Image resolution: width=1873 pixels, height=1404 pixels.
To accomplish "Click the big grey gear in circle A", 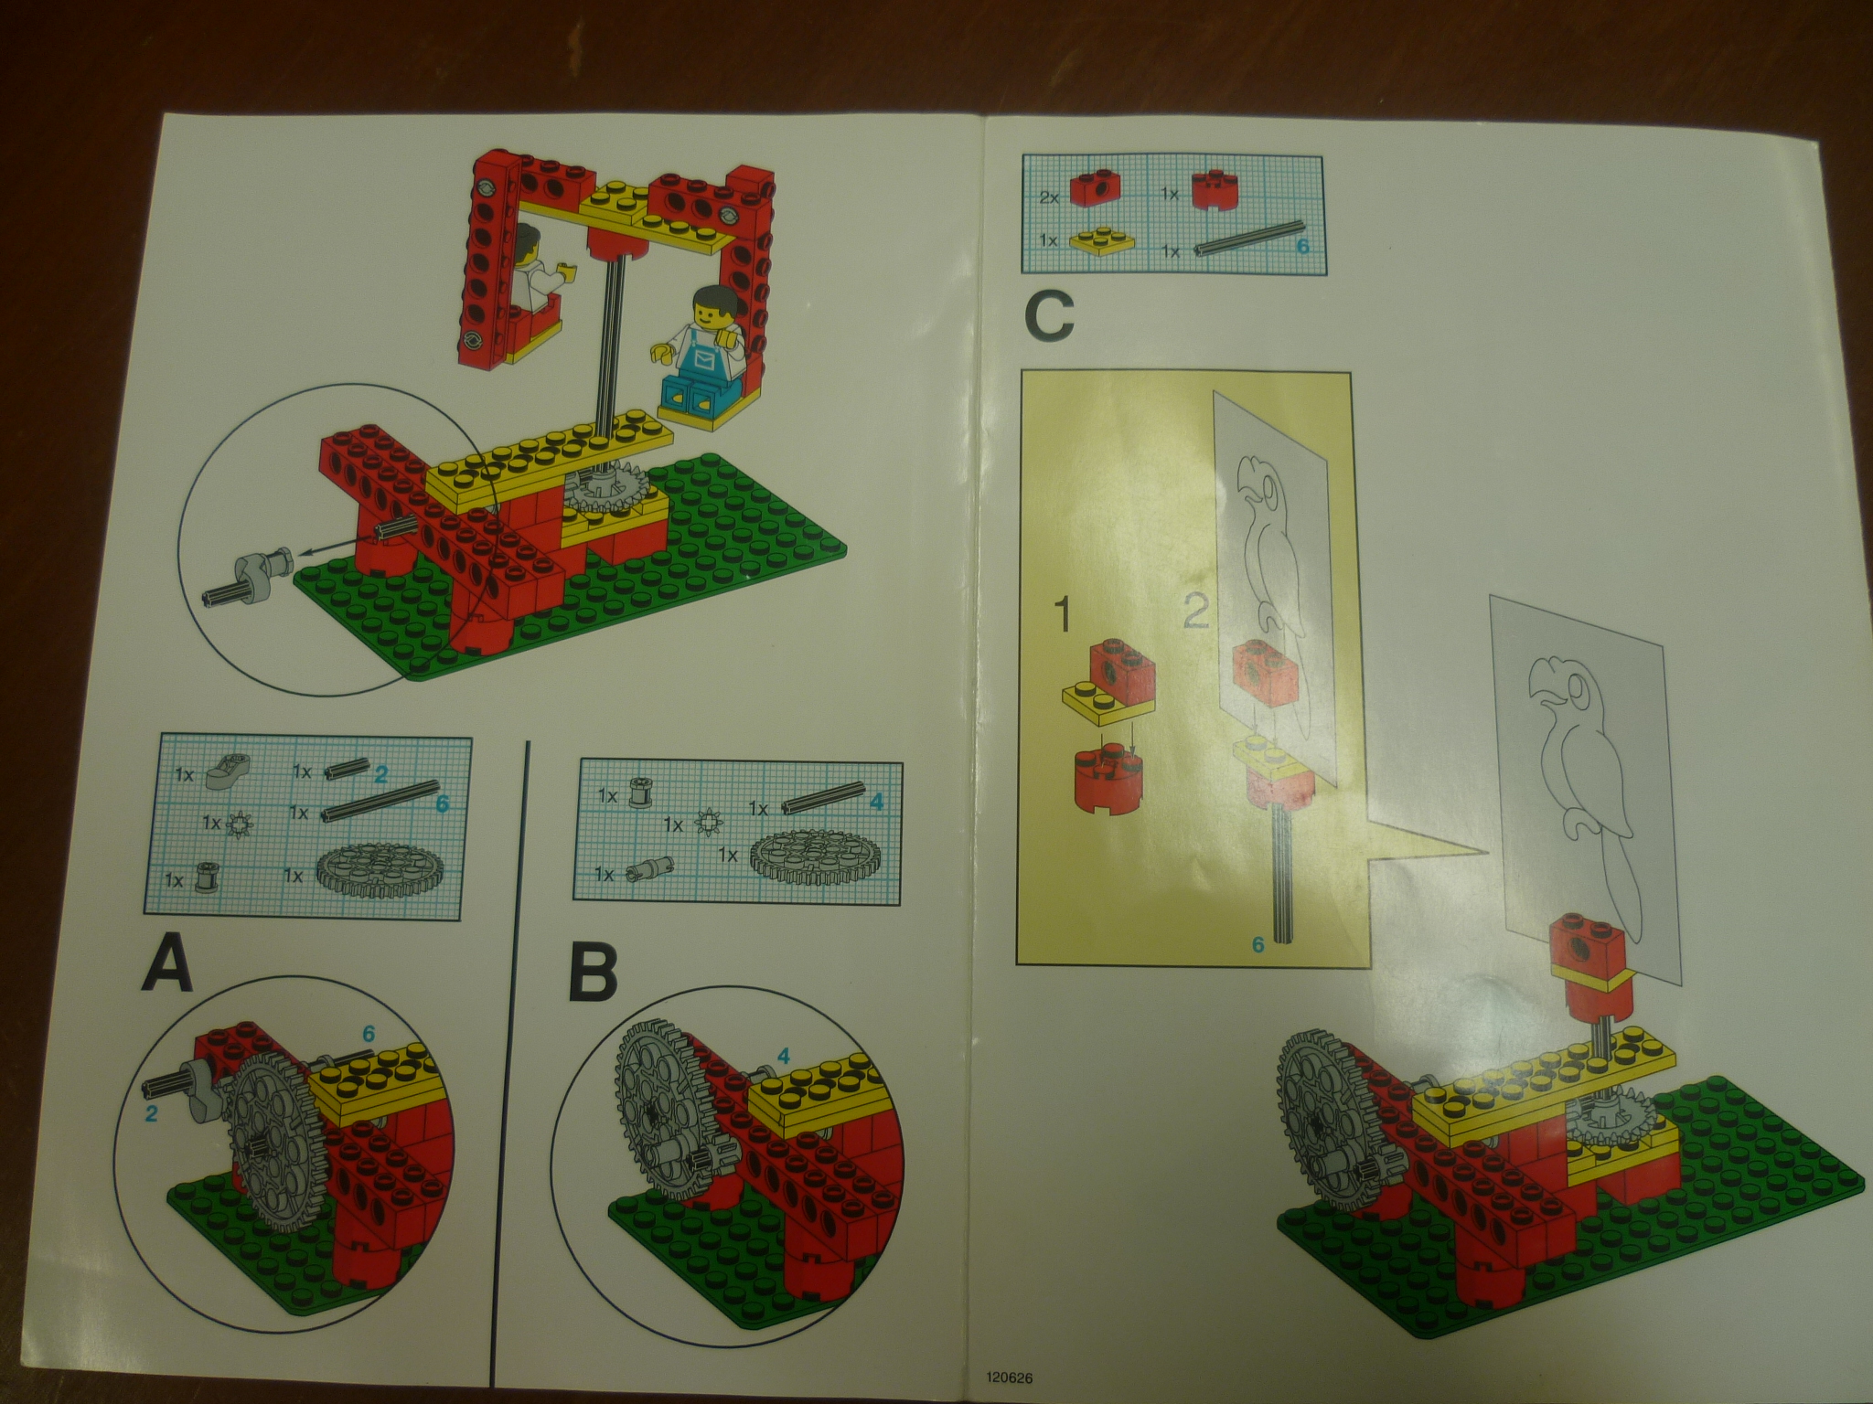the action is pos(272,1139).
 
